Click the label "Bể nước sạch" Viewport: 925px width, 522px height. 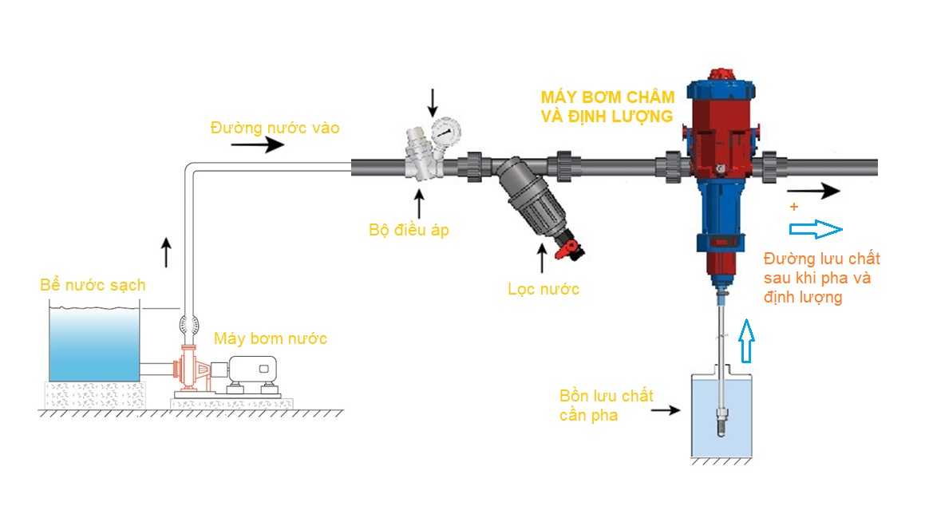point(93,285)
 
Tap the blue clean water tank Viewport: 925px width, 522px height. point(95,344)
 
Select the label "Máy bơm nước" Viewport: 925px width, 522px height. point(270,338)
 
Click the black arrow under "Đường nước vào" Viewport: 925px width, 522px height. point(257,145)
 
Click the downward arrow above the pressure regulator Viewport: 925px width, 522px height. point(433,101)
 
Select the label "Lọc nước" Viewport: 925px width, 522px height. point(543,289)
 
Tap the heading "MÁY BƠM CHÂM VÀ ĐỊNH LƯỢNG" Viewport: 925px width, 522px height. point(607,106)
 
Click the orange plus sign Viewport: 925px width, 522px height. point(793,207)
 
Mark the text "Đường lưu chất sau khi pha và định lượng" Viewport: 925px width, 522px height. point(821,278)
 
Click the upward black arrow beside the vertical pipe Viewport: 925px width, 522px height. point(166,251)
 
